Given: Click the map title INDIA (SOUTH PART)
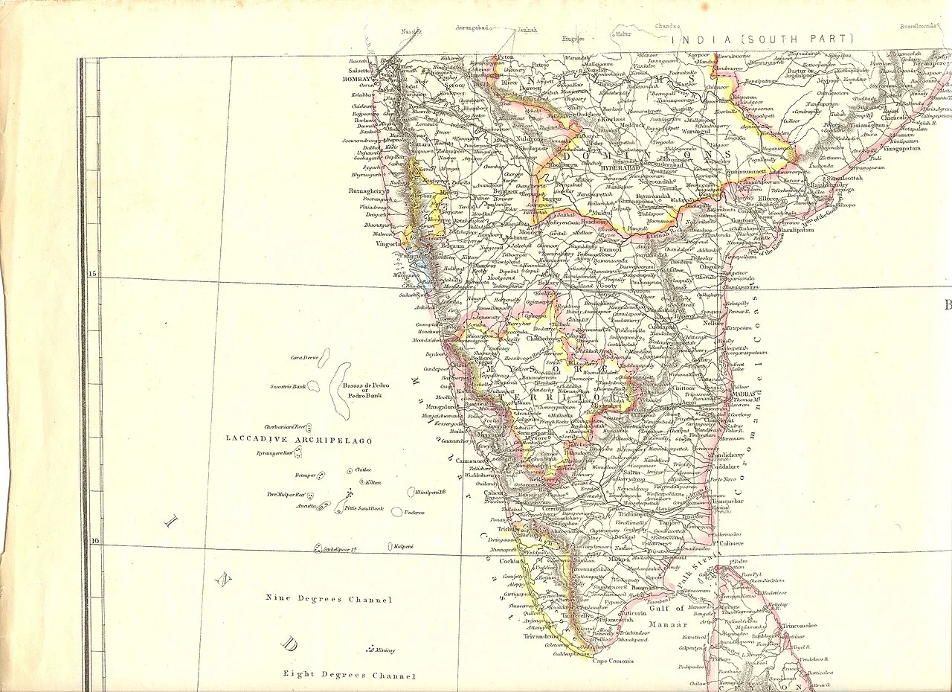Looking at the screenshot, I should coord(762,39).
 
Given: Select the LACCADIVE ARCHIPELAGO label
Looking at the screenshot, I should coord(299,440).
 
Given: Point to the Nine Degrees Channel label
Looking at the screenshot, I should coord(329,599).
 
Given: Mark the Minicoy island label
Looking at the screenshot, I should coord(385,650).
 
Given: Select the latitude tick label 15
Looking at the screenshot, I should coord(93,274).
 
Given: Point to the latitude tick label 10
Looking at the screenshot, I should coord(94,541).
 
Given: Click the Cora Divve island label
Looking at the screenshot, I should coord(304,358).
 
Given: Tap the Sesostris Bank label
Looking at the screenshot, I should coord(288,387).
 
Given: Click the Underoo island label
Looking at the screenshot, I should coord(414,512).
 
